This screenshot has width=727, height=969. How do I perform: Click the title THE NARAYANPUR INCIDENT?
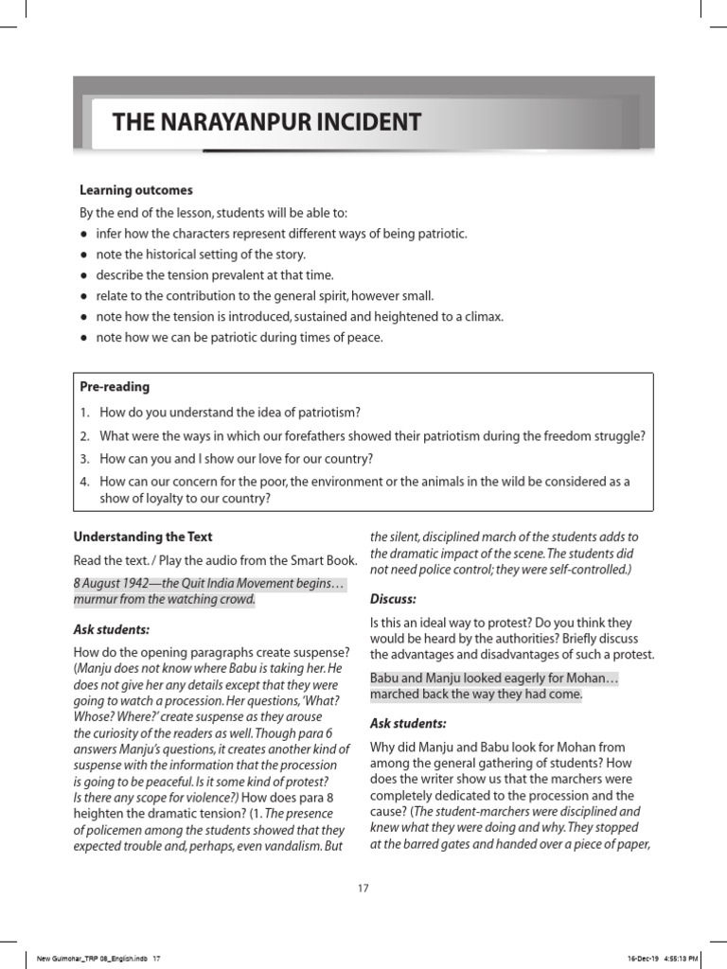267,122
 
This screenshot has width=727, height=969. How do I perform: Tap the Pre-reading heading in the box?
115,387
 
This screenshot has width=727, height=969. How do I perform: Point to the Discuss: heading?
393,599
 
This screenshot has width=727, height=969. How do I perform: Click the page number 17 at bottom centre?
363,888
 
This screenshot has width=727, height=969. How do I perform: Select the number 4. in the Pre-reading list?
84,482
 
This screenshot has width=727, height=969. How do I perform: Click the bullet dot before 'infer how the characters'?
84,234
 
